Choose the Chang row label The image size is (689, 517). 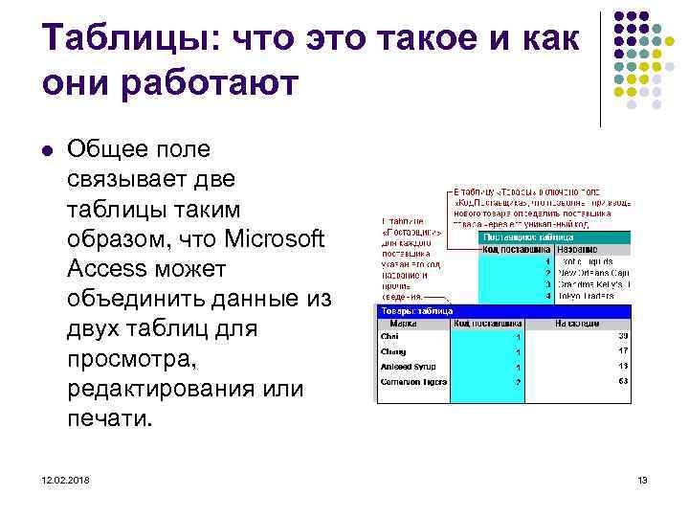(393, 352)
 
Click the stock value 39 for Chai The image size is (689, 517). (622, 336)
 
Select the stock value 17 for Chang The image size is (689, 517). (622, 351)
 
